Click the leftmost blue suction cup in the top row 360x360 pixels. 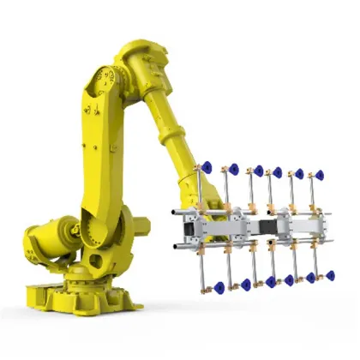pos(207,167)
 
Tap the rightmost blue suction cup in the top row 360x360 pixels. pos(320,175)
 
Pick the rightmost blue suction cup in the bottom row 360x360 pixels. pos(328,275)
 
